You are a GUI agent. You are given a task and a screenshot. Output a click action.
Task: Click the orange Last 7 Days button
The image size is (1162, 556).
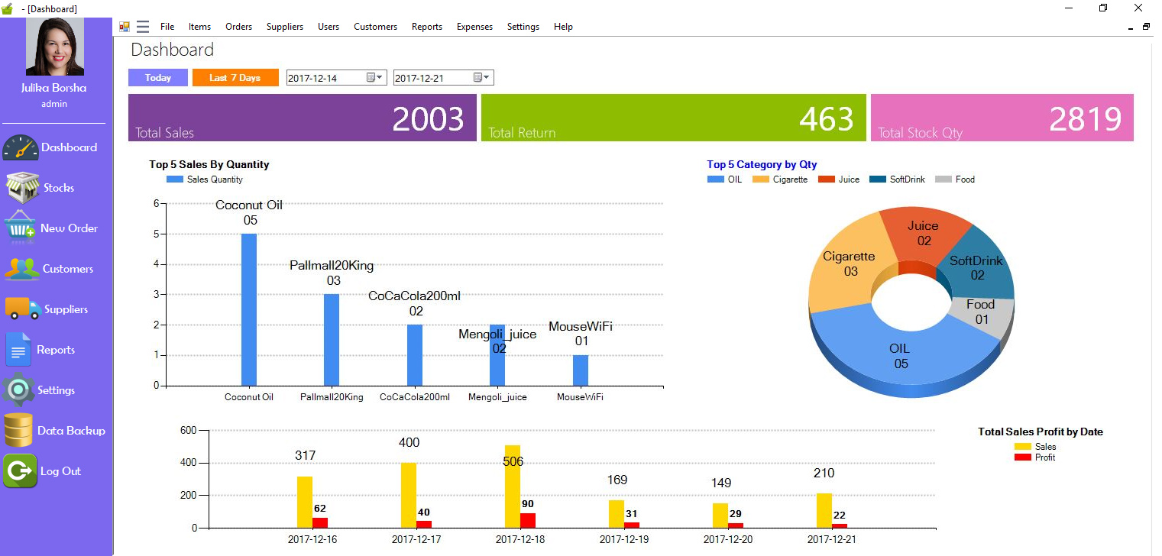[x=235, y=78]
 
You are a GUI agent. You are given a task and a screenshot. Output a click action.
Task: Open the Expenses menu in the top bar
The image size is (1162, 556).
[x=474, y=27]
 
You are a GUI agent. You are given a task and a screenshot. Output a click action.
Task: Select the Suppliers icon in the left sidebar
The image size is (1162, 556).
[x=23, y=309]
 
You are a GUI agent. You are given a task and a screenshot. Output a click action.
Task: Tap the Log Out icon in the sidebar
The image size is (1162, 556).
[x=20, y=470]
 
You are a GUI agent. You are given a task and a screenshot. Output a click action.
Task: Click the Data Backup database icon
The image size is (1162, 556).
[x=18, y=430]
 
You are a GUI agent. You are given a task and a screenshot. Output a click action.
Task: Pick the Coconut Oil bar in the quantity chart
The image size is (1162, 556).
[x=249, y=309]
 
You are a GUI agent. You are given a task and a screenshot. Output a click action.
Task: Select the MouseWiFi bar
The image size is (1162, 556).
[x=581, y=370]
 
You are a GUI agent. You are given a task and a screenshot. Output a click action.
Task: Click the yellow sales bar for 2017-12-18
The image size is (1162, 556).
[x=513, y=486]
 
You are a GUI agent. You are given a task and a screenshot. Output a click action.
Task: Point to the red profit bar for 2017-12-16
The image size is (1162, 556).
[x=320, y=522]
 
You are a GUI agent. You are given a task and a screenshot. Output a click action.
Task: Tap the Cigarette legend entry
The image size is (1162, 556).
[x=780, y=179]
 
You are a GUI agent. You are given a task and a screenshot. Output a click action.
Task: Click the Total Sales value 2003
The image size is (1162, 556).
[x=428, y=119]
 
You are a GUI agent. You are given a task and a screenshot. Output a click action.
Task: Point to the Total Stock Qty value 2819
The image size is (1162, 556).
[x=1085, y=119]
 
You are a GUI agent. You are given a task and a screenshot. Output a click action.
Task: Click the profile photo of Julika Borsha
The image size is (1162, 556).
[x=54, y=47]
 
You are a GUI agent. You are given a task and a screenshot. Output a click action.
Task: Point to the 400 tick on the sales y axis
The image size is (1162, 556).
[x=188, y=463]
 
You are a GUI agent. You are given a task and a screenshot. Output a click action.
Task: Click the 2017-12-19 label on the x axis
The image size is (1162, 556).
[x=625, y=539]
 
